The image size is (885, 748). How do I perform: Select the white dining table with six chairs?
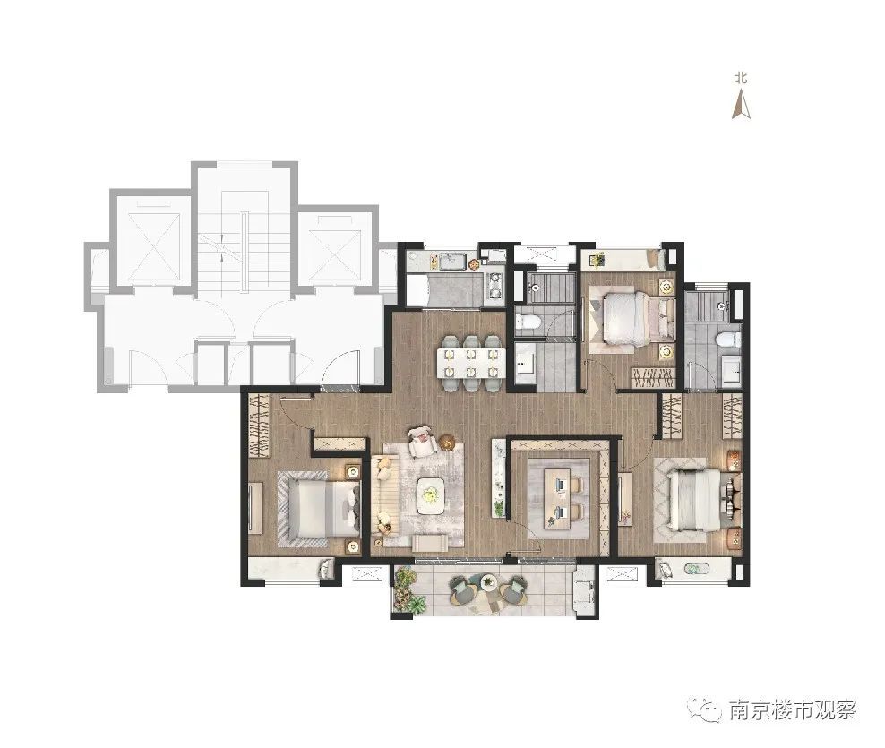pos(469,363)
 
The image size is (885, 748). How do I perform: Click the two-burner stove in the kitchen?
pos(494,286)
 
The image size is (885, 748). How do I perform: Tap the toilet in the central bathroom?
pos(528,322)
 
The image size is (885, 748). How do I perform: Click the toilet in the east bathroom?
pos(727,340)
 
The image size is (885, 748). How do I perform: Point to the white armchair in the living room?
pos(423,441)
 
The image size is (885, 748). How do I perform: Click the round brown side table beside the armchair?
pos(447,443)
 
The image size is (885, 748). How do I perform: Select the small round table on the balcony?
pos(489,582)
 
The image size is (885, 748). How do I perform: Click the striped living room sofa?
pos(385,494)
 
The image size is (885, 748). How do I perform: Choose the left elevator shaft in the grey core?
pos(152,243)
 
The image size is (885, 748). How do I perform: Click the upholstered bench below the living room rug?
pos(430,543)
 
